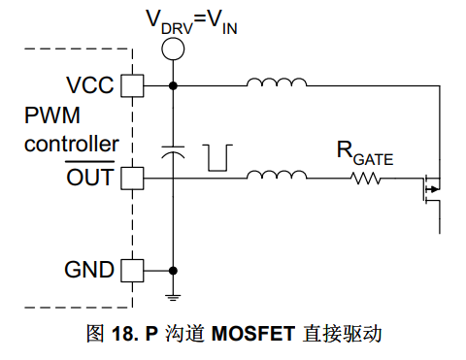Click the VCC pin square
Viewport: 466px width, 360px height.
click(132, 85)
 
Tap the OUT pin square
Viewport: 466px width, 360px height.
click(132, 179)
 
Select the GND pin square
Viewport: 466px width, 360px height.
click(132, 271)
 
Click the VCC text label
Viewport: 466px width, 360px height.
click(90, 85)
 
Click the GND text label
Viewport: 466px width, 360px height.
click(89, 270)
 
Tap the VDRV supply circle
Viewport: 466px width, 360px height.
click(173, 49)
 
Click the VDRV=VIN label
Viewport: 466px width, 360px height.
click(192, 21)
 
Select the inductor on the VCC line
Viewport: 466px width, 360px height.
click(277, 82)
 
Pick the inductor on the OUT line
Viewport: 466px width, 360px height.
click(277, 175)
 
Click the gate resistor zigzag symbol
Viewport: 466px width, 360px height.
click(366, 179)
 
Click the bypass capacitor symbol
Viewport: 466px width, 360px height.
click(173, 152)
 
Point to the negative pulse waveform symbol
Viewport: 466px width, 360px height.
click(217, 158)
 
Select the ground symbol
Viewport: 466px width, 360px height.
click(173, 298)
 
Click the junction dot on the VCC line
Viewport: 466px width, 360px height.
click(173, 85)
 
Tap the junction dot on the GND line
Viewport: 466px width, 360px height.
click(173, 271)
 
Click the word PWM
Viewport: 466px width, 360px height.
click(52, 115)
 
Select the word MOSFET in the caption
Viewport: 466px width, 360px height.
click(253, 334)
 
